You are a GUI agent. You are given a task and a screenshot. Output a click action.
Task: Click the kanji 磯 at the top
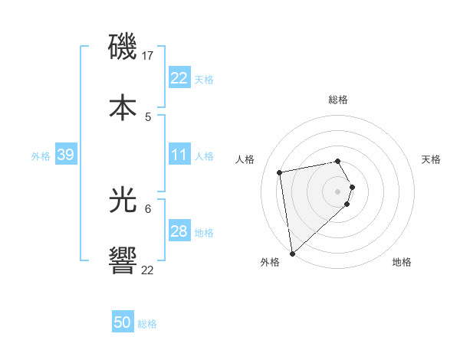(x=123, y=47)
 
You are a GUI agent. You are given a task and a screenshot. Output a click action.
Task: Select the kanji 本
(x=123, y=107)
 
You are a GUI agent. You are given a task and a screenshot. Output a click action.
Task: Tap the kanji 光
(x=123, y=201)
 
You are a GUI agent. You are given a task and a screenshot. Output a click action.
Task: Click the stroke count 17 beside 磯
(x=149, y=56)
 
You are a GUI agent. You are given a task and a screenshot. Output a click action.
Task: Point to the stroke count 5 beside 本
(x=148, y=116)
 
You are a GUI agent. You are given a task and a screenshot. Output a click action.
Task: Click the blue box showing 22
(x=179, y=78)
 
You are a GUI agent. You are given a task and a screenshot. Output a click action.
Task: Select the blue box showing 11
(x=179, y=155)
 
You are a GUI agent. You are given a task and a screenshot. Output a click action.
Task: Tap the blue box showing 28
(x=179, y=231)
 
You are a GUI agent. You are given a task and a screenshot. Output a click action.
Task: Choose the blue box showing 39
(x=65, y=155)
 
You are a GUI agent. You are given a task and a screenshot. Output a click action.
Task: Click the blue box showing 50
(x=123, y=322)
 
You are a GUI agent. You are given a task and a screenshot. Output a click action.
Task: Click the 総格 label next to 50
(x=147, y=324)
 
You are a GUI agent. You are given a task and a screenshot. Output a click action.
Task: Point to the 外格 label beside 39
(x=41, y=156)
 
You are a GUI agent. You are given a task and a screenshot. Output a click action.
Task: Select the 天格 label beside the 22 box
(x=204, y=80)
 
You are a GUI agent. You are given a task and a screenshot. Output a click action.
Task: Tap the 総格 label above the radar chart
(x=338, y=100)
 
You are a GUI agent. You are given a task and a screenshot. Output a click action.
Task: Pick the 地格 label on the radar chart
(x=402, y=262)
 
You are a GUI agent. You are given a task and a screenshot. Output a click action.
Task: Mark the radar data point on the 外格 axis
(x=292, y=253)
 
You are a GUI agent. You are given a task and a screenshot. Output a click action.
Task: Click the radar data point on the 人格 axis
(x=280, y=172)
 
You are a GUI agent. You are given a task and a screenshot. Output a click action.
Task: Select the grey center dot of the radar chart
(x=338, y=191)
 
